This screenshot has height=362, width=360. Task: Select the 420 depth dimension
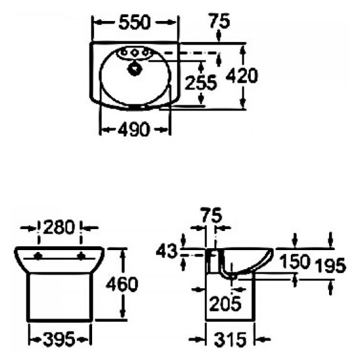(x=242, y=76)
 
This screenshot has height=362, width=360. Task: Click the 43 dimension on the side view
(x=168, y=251)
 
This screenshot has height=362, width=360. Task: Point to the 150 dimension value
(x=294, y=261)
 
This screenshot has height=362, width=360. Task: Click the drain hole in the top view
(x=136, y=66)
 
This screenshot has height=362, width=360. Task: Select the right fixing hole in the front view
(x=81, y=255)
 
